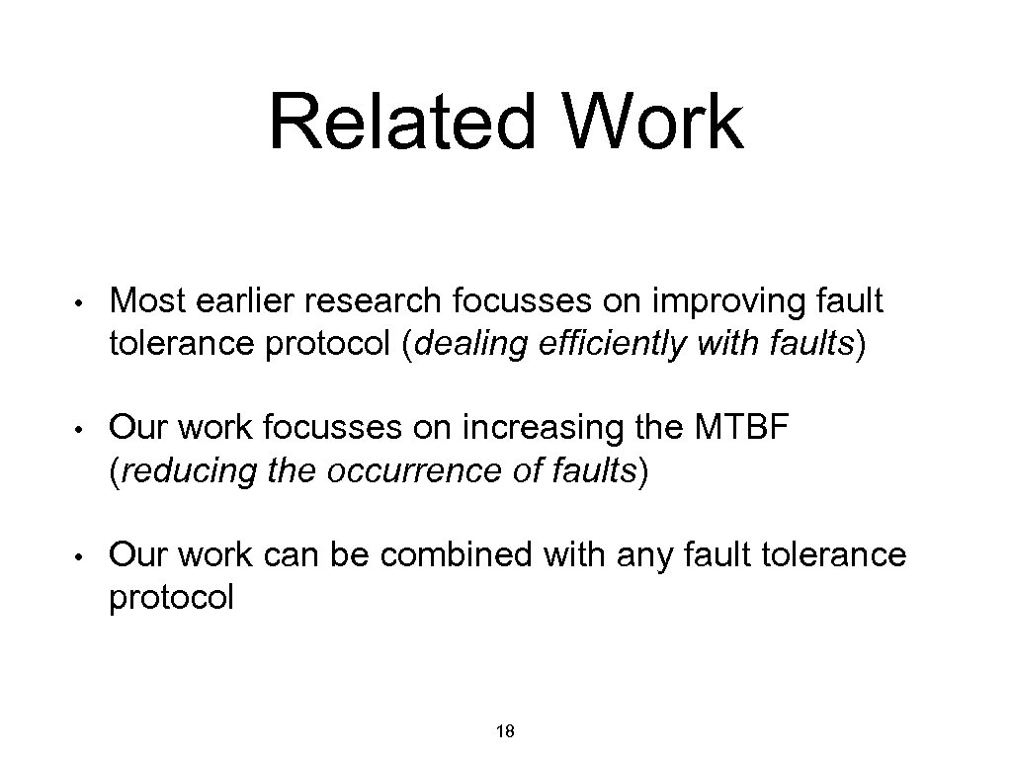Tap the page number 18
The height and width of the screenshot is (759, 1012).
coord(505,732)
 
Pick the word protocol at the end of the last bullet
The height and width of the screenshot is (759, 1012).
coord(171,598)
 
